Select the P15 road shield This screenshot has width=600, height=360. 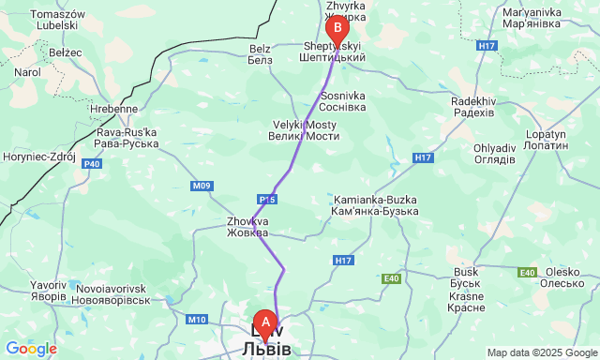[x=267, y=199]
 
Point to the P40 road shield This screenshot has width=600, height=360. [x=92, y=164]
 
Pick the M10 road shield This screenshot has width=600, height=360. [x=196, y=320]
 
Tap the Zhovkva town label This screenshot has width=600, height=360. [x=247, y=228]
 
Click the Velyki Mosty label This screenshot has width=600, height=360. [x=304, y=129]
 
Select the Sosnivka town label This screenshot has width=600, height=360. [x=343, y=101]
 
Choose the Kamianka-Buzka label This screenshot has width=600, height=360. [x=375, y=206]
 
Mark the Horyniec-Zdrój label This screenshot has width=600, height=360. [x=39, y=157]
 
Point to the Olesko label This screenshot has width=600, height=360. [x=563, y=277]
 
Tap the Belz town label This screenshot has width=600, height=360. [x=260, y=53]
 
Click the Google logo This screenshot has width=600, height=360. [x=30, y=349]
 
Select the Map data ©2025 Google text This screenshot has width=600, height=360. [x=541, y=352]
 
